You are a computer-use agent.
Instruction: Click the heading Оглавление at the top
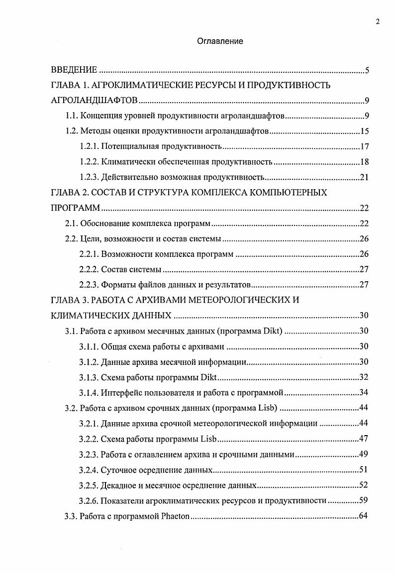click(x=220, y=41)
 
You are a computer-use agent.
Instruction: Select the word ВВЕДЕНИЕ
click(x=74, y=70)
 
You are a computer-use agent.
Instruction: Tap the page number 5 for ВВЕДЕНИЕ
click(x=367, y=70)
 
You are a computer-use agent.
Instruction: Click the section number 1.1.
click(x=73, y=116)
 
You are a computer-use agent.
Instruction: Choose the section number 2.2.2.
click(x=89, y=270)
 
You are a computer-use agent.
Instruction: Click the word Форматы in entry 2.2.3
click(x=118, y=285)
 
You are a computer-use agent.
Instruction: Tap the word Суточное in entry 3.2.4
click(x=119, y=470)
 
